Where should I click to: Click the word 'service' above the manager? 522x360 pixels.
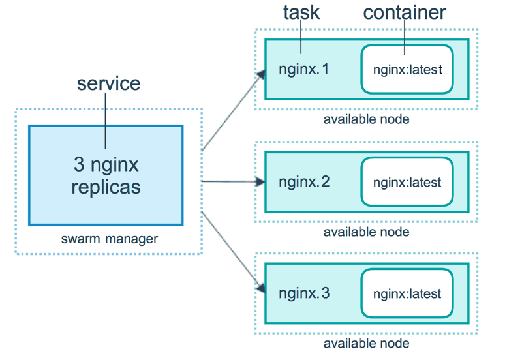point(108,83)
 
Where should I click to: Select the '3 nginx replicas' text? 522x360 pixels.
point(106,175)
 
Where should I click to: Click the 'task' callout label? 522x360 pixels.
point(301,12)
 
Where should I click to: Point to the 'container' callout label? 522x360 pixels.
point(405,12)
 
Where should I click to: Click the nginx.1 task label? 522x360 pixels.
point(304,68)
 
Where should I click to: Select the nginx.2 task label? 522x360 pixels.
point(304,181)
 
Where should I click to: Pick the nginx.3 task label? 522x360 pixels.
point(304,293)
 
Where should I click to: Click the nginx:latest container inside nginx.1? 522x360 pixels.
point(407,69)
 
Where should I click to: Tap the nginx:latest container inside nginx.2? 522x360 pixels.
point(407,182)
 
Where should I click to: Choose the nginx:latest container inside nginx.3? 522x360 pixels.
point(407,294)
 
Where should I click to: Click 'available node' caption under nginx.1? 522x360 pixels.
point(366,119)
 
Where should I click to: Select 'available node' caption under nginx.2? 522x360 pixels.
point(366,232)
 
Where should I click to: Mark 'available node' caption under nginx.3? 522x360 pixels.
point(366,344)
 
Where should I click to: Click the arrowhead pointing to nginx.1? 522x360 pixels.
point(261,74)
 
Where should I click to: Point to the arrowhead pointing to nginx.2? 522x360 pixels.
point(260,182)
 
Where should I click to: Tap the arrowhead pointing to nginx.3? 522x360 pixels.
point(261,288)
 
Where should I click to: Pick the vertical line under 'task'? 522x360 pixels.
point(301,38)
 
